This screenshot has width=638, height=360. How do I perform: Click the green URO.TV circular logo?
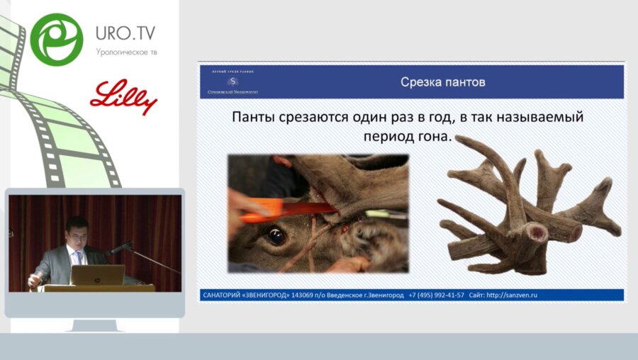57,39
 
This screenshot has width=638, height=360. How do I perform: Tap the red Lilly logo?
123,97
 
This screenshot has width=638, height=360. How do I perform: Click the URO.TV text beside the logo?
125,33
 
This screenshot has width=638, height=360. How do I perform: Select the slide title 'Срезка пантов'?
443,82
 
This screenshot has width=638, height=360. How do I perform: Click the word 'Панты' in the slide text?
257,117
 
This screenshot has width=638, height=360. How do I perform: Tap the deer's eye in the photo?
276,236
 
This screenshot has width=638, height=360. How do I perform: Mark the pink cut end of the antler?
539,232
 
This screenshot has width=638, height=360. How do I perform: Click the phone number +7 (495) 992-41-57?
437,295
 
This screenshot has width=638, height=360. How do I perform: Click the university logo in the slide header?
233,82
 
